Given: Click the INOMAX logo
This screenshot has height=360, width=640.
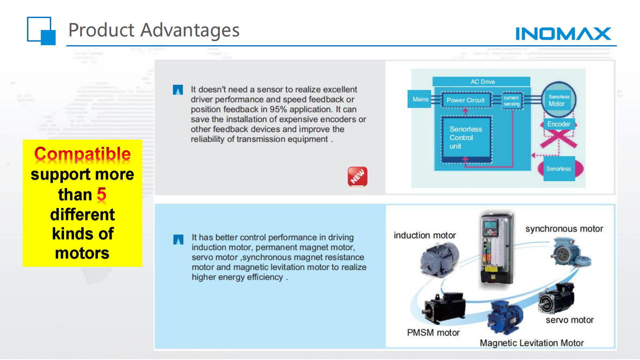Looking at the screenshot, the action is pos(563,34).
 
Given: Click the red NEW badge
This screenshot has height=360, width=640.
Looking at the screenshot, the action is pos(358,176).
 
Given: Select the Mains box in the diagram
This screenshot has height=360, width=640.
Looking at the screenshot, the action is pos(419,99).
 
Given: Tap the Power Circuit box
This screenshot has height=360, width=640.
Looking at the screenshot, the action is pos(466,100).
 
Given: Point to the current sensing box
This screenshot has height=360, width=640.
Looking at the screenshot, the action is pos(512,100).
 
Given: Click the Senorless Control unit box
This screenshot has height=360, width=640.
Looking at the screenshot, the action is pos(466,139).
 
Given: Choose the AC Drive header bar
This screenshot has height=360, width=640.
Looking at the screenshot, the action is pos(482,82).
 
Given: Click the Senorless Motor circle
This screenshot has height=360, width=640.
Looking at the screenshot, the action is pos(558,100).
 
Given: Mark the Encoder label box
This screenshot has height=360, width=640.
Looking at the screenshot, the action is pos(558,124).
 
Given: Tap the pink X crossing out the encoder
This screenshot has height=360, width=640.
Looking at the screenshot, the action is pos(558,138).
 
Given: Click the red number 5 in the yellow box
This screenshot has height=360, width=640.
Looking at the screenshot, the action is pos(102,194).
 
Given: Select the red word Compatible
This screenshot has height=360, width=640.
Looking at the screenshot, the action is pos(82,154).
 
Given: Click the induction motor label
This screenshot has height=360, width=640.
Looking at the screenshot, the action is pos(424,235).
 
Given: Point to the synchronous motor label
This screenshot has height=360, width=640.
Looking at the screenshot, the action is pos(564,228).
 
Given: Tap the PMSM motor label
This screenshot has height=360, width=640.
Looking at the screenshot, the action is pos(433,332).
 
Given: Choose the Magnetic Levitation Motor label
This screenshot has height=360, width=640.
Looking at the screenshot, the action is pos(532,342).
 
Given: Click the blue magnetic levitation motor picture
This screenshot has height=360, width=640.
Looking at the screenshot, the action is pos(505,318).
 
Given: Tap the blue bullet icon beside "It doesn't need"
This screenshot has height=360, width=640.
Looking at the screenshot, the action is pos(178,90).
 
